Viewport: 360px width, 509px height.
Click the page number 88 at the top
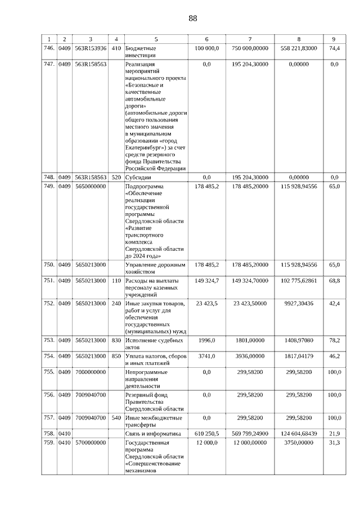pyautogui.click(x=193, y=18)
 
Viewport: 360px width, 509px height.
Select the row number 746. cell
pyautogui.click(x=49, y=48)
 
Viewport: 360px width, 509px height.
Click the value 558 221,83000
pyautogui.click(x=299, y=48)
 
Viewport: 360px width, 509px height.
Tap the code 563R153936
pyautogui.click(x=91, y=48)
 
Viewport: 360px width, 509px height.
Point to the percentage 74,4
pyautogui.click(x=334, y=48)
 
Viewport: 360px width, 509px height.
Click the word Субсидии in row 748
pyautogui.click(x=138, y=177)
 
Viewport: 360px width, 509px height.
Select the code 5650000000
pyautogui.click(x=91, y=186)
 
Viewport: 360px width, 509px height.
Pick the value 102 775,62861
pyautogui.click(x=299, y=280)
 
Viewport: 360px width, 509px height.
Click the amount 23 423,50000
pyautogui.click(x=250, y=303)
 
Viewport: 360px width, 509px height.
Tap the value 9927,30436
pyautogui.click(x=299, y=303)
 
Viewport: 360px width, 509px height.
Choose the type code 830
pyautogui.click(x=116, y=340)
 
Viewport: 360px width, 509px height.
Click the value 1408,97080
pyautogui.click(x=299, y=340)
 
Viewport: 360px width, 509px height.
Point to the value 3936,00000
pyautogui.click(x=250, y=356)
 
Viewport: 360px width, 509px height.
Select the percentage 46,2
pyautogui.click(x=334, y=356)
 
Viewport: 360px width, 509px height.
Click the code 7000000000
pyautogui.click(x=91, y=372)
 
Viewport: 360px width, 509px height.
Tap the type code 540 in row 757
pyautogui.click(x=116, y=418)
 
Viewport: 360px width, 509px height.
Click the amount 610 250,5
pyautogui.click(x=206, y=434)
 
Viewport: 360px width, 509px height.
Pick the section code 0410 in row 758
pyautogui.click(x=65, y=434)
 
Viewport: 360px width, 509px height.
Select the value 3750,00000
pyautogui.click(x=299, y=443)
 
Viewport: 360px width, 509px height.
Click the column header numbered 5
pyautogui.click(x=156, y=39)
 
